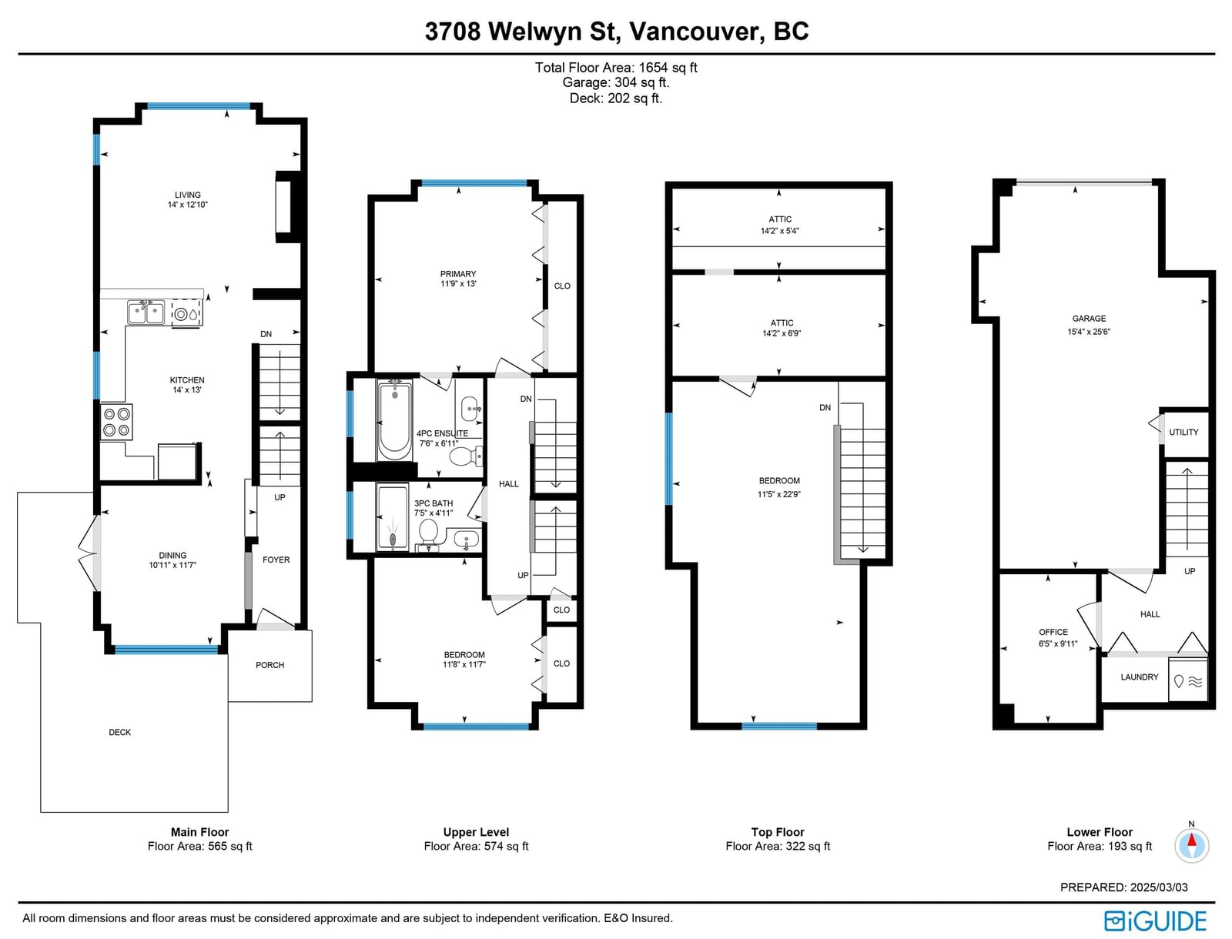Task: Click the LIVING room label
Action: [x=187, y=195]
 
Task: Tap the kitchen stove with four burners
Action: [x=117, y=422]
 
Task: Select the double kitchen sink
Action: [x=146, y=312]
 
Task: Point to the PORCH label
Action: [x=270, y=665]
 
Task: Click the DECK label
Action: [x=119, y=732]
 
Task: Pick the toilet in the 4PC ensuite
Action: [x=467, y=456]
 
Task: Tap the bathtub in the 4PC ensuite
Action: [x=394, y=419]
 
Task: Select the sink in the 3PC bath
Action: [x=466, y=540]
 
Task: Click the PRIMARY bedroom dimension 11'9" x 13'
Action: [x=459, y=284]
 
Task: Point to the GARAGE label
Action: [x=1089, y=318]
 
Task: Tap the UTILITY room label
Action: [x=1183, y=432]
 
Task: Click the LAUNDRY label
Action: [x=1140, y=677]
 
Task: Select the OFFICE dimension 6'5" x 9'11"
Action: [x=1058, y=643]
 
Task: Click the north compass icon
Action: [x=1192, y=845]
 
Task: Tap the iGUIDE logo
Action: [x=1156, y=921]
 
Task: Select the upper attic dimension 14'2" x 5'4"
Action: [x=779, y=231]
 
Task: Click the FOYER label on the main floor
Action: [x=276, y=560]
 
